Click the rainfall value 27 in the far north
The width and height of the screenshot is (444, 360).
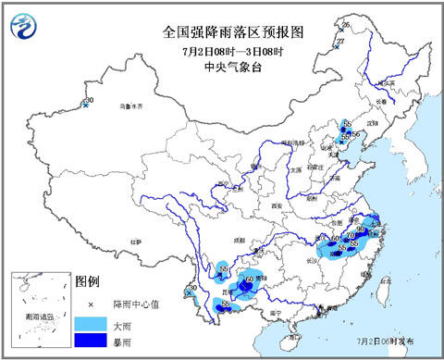(340, 42)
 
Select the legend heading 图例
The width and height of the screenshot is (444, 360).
(86, 280)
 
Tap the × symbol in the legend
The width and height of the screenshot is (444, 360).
(89, 304)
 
